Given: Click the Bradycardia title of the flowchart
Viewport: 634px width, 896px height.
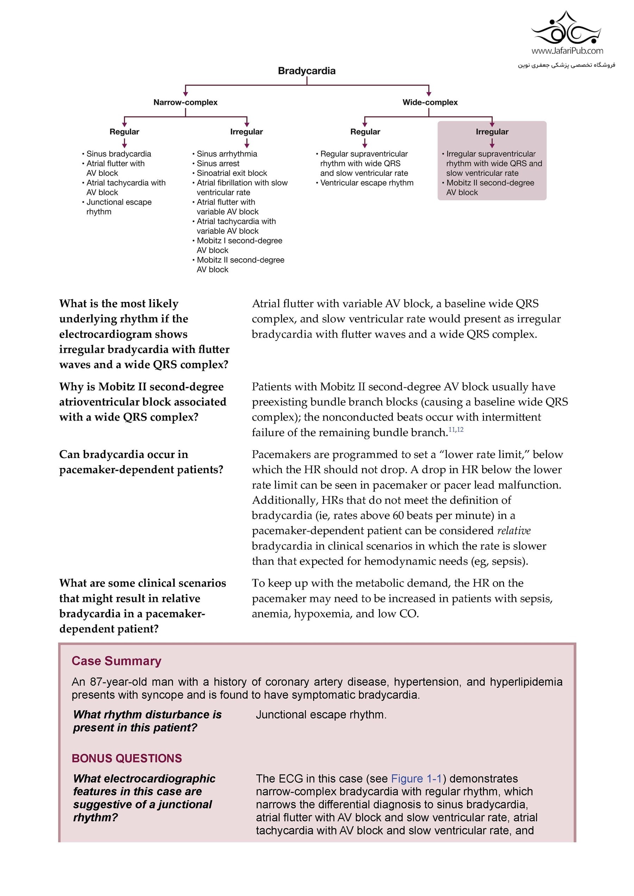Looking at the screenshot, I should [307, 71].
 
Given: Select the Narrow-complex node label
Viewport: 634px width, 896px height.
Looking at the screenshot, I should [185, 102].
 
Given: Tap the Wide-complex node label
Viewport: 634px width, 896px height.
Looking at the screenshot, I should [430, 102].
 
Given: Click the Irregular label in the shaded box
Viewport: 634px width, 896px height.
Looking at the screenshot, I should [492, 132].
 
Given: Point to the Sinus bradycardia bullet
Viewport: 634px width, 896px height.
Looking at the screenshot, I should [118, 154].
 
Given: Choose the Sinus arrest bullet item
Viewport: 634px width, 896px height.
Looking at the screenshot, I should [218, 164].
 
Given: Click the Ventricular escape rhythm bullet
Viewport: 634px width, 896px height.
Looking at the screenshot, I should [366, 183].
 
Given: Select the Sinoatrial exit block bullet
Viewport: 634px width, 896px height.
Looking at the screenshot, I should [232, 173].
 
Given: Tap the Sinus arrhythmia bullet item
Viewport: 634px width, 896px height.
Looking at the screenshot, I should [226, 154].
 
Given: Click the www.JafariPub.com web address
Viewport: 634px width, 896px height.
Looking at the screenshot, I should [567, 51].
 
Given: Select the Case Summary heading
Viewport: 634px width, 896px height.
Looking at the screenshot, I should [116, 661].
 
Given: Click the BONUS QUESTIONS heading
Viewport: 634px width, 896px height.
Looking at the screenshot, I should [127, 758].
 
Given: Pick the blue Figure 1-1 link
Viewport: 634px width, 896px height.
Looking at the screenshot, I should [416, 778].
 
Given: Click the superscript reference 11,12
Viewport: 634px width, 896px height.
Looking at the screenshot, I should [456, 430].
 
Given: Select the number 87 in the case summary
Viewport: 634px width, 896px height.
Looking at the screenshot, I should [96, 682].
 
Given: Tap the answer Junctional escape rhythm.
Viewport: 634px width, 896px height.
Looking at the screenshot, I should [321, 714].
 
